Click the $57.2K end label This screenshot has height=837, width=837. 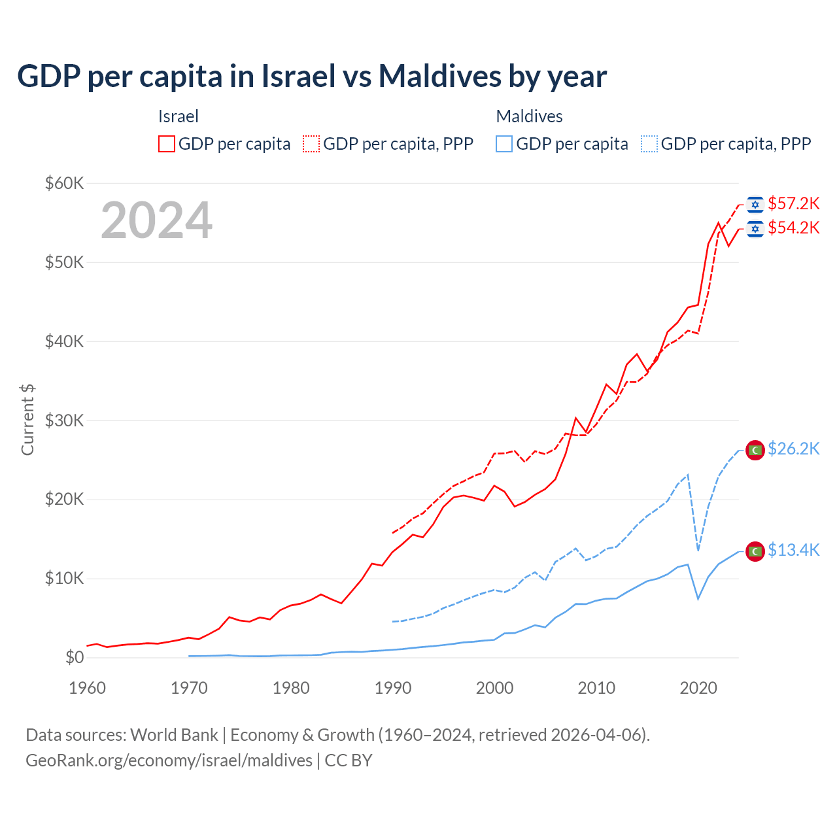coord(793,204)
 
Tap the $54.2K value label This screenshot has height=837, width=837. coord(793,228)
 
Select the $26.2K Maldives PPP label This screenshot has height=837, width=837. coord(793,449)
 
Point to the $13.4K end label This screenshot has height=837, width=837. coord(793,551)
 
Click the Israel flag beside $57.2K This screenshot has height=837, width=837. coord(755,205)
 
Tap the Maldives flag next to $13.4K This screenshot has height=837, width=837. coord(755,552)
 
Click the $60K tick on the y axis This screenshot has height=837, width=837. coord(65,184)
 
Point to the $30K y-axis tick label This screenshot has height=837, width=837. coord(65,421)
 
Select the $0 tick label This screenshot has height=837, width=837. coord(75,658)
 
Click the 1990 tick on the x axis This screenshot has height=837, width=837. coord(393,689)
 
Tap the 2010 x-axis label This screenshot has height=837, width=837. coord(596,689)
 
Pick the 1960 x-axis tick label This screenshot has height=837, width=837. coord(88,689)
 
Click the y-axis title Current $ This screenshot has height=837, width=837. coord(27,420)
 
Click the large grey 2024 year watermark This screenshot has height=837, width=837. coord(157,221)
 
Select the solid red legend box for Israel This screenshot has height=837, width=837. coord(167,144)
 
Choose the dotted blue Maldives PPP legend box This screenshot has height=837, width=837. coord(649,144)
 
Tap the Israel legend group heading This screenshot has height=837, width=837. coord(178,116)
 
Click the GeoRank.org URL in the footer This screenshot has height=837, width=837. coord(169,760)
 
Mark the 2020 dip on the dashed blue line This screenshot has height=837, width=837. coord(698,550)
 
